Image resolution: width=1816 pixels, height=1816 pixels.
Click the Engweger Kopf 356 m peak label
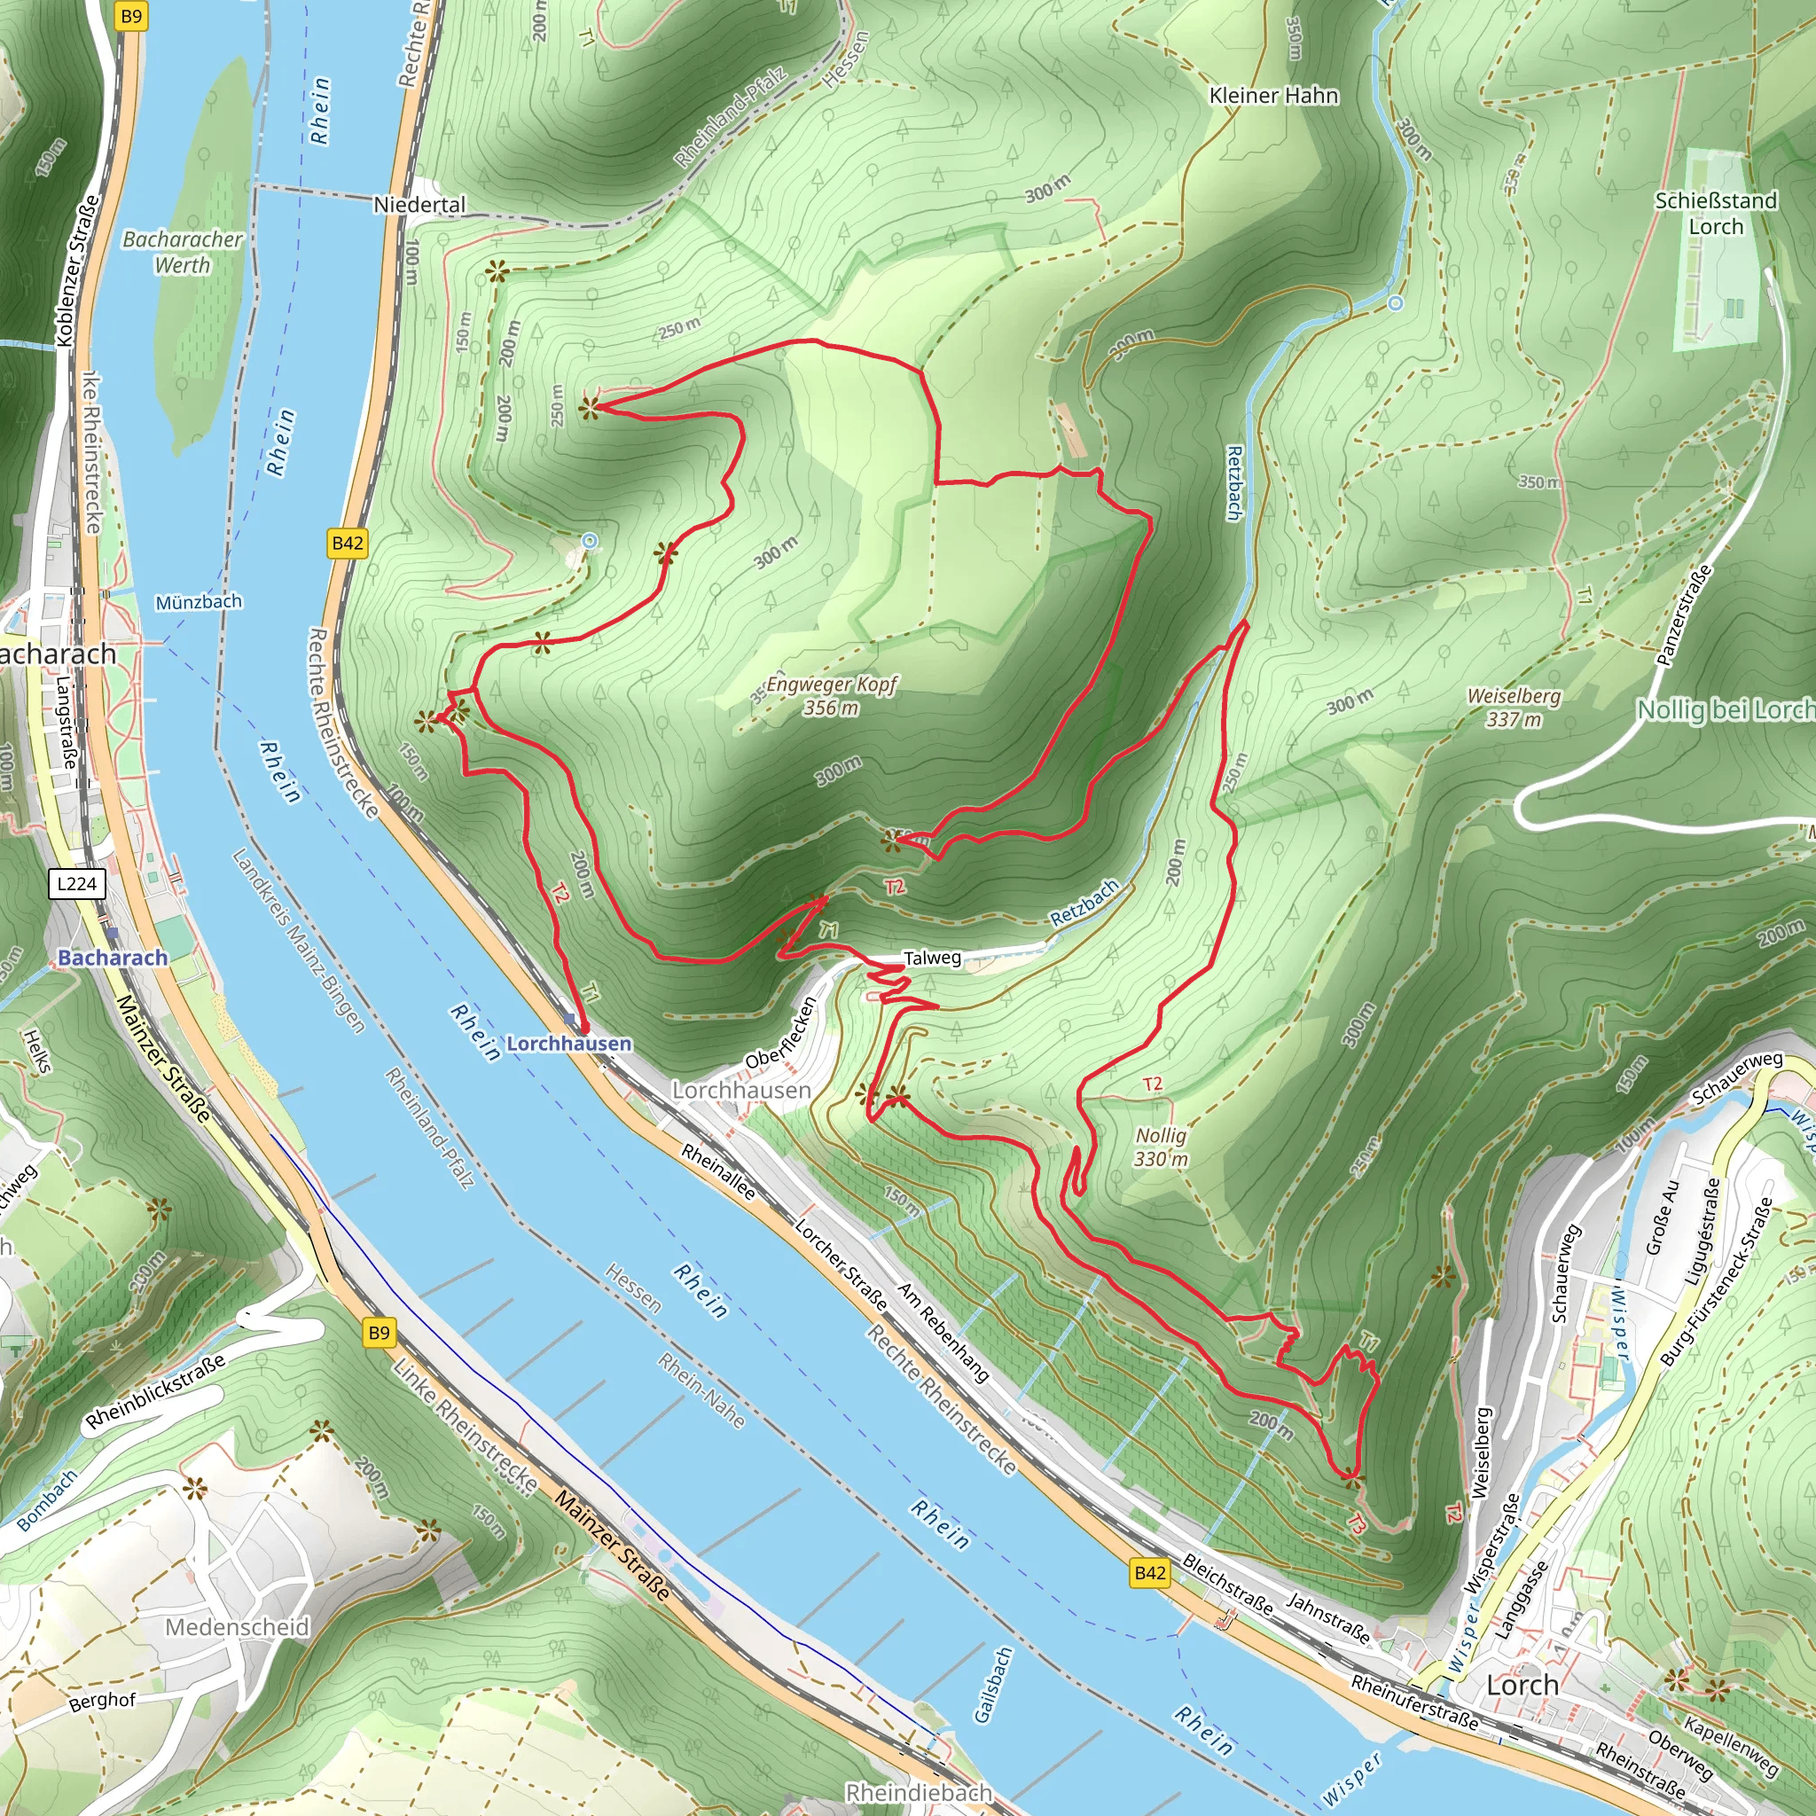(831, 696)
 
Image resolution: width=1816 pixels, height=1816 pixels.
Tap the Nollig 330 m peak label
(1161, 1147)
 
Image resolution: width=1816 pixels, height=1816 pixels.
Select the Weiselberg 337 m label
(1514, 708)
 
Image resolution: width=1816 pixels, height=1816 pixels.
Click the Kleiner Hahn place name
(1273, 96)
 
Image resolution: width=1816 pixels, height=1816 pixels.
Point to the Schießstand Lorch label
(1716, 214)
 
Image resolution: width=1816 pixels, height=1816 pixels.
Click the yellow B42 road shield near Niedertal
(348, 543)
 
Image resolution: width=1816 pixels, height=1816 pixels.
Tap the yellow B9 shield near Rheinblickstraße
(379, 1332)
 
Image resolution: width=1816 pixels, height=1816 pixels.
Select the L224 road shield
(77, 883)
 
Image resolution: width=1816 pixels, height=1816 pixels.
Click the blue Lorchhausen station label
(568, 1044)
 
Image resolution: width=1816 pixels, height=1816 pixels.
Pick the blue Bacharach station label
(113, 957)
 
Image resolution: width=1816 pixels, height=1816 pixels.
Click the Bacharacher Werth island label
(184, 252)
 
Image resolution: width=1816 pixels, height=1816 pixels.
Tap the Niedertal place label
(419, 205)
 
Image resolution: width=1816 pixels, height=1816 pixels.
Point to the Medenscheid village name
(237, 1627)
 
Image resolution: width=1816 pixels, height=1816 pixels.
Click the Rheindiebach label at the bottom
(919, 1792)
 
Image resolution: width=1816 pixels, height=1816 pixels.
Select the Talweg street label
(932, 958)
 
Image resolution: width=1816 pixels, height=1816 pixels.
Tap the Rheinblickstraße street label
(155, 1391)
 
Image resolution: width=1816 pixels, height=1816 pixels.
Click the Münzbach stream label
(199, 601)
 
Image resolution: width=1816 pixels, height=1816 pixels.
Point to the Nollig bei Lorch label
(1725, 709)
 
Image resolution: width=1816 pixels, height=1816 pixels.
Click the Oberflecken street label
(779, 1034)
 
